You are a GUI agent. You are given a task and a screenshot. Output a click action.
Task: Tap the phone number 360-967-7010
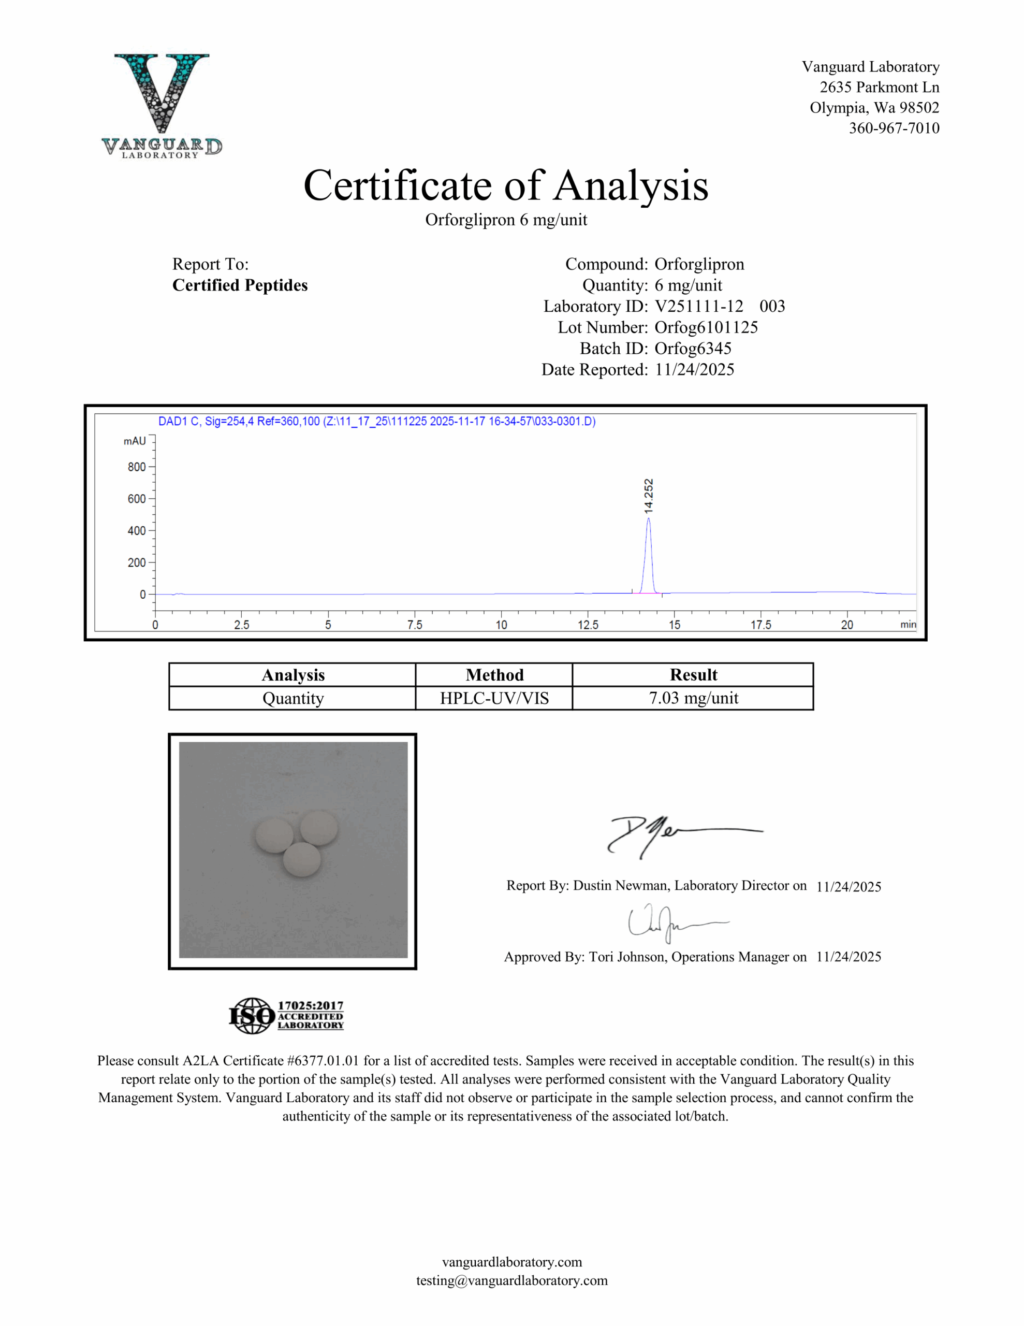894,128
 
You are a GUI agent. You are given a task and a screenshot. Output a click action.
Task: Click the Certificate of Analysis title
506,185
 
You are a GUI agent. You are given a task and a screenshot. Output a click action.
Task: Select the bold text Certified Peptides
240,285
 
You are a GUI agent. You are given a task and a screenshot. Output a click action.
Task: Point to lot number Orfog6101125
706,327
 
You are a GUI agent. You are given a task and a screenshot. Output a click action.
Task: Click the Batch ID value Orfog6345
693,349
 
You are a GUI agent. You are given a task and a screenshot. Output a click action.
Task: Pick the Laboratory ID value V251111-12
699,306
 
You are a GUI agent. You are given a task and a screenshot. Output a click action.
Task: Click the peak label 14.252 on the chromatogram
648,496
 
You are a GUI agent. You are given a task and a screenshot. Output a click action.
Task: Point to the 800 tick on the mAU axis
137,467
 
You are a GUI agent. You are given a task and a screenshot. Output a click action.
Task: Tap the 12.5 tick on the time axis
588,624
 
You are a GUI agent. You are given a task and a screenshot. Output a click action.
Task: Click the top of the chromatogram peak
648,518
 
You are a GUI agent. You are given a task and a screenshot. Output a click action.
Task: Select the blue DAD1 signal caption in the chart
376,421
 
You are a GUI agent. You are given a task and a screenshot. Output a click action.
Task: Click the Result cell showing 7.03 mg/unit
693,698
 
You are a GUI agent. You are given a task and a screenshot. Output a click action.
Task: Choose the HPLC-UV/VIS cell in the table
494,698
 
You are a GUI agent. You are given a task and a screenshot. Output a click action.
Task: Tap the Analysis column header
292,675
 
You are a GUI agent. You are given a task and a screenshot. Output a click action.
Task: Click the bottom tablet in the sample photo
302,860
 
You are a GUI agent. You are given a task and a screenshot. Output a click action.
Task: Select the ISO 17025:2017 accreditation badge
286,1016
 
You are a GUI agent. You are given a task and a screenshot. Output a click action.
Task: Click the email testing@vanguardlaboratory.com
511,1280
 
